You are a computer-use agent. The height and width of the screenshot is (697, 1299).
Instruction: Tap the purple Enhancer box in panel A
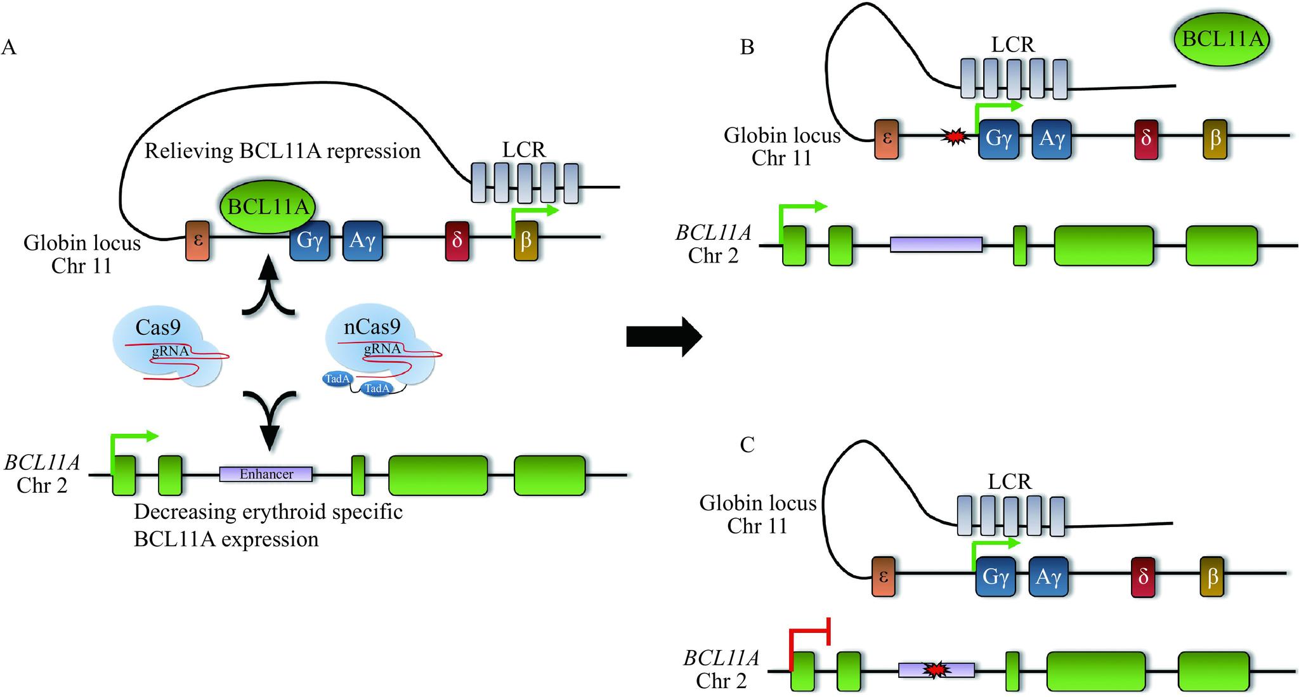point(266,474)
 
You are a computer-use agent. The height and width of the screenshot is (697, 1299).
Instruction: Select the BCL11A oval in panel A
point(268,207)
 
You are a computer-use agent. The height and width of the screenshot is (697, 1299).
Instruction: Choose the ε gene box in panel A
point(197,240)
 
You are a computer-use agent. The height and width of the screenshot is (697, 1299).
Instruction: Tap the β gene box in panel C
point(1212,576)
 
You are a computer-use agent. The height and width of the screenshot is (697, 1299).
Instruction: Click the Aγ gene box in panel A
point(362,240)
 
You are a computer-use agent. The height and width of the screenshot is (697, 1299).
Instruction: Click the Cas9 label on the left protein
point(158,327)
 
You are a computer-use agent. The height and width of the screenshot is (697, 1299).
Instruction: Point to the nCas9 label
point(372,327)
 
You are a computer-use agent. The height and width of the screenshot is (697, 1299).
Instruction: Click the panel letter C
point(747,445)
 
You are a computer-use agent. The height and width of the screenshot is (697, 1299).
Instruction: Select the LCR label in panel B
point(1012,44)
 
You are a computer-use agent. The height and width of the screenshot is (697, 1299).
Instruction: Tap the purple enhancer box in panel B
point(936,244)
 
